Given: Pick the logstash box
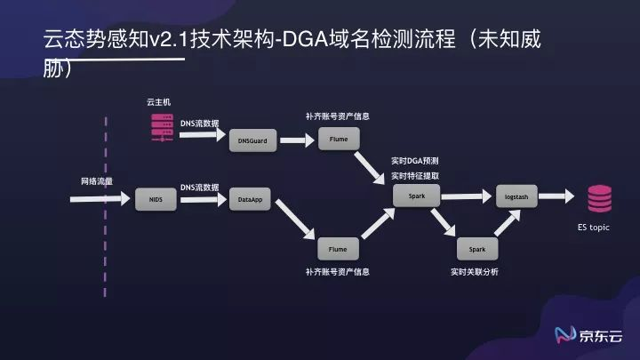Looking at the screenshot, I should pos(516,196).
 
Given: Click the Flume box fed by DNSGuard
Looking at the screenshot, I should pos(338,140).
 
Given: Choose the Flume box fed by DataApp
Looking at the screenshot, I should pos(338,249).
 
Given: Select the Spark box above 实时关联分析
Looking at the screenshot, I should pos(477,249).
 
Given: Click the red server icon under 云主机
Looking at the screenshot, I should pos(161,130).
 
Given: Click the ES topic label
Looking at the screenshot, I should pos(594,228).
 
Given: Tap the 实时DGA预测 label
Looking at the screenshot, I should pos(414,162).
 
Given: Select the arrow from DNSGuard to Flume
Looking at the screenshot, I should pos(293,140).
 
